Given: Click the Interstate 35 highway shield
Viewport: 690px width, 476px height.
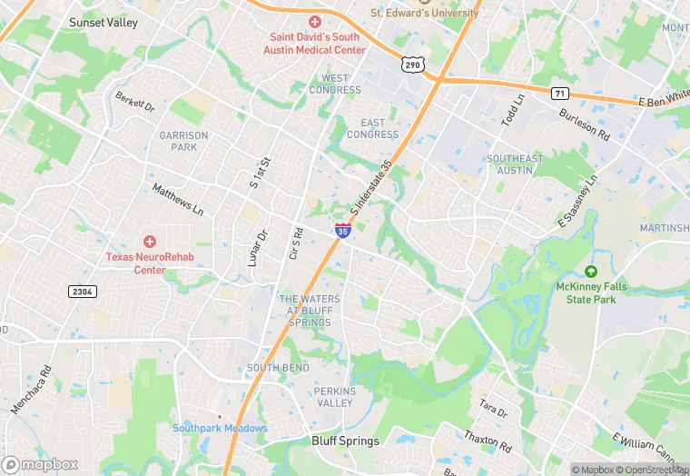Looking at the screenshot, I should point(342,232).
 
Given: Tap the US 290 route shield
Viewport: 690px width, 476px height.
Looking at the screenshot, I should point(411,65).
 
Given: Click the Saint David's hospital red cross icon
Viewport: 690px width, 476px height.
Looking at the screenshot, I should point(315,22).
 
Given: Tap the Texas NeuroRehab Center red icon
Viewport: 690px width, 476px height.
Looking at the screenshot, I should point(149,242).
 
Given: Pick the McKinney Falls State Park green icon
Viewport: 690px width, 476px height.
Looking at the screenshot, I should point(591,272).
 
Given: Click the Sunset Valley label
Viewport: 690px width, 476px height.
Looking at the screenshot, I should point(103,23).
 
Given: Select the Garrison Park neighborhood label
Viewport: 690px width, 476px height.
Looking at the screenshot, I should point(183,141).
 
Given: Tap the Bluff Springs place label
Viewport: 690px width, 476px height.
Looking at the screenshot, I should point(345,441).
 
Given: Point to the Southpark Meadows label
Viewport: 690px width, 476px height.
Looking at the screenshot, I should point(221,428).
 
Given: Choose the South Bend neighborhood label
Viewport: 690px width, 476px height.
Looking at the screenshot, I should point(278,368).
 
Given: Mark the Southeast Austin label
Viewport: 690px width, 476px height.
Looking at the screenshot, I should point(515,164).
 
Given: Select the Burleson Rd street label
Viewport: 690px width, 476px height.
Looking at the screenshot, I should point(584,124).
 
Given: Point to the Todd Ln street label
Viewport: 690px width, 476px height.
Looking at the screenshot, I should point(513,110).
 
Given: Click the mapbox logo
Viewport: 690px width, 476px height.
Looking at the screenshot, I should point(40,464).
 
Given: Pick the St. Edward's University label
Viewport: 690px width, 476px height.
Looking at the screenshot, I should point(424,13).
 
